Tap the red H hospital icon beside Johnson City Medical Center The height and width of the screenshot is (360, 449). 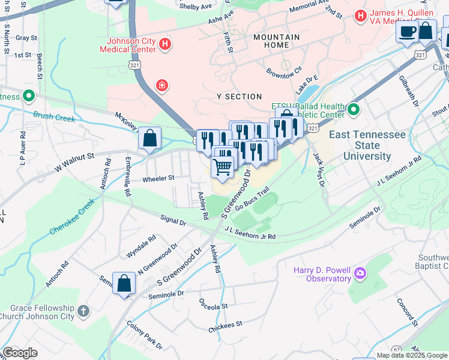click(165, 45)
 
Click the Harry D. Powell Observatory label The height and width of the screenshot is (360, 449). click(321, 274)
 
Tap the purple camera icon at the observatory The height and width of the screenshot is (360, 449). click(360, 274)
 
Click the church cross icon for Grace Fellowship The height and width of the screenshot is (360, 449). click(83, 311)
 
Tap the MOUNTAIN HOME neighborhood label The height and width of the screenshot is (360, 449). click(276, 41)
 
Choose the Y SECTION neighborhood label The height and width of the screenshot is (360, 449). click(240, 97)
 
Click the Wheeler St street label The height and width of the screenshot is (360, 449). click(158, 178)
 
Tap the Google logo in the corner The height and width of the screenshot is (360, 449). click(20, 353)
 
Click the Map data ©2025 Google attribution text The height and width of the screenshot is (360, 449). click(411, 355)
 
